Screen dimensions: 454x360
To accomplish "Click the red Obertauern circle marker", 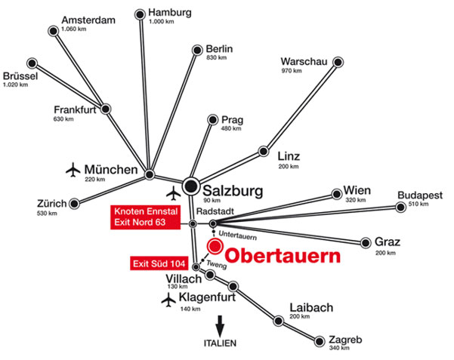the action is (x=215, y=246).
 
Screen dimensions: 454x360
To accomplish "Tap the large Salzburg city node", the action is (x=191, y=186).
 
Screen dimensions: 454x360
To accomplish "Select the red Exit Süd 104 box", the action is (x=159, y=263).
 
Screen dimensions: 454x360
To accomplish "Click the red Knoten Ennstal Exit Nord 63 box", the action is (x=145, y=217).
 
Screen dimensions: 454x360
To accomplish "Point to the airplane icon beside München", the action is (x=73, y=170).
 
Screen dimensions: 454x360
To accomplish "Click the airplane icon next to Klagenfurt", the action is (x=168, y=300).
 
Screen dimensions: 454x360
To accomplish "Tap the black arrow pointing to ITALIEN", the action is (x=220, y=326).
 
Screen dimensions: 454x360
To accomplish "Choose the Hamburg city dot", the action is (x=141, y=14).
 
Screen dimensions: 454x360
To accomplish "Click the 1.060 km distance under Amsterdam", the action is (x=73, y=29).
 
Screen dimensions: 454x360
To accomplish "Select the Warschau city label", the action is (x=304, y=62).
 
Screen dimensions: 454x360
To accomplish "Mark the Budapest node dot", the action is (x=400, y=207).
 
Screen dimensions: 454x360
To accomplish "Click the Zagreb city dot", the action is (x=320, y=341).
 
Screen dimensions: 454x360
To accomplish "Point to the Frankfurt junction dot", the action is (x=106, y=109).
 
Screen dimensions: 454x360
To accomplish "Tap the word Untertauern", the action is (x=238, y=235).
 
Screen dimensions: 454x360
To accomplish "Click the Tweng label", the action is (x=217, y=264).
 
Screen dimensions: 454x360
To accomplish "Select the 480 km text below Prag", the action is (x=231, y=128).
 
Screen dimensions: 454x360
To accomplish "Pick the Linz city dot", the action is (x=264, y=151).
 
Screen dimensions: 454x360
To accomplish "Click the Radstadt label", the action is (x=215, y=211).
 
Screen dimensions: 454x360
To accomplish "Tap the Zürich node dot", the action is (x=75, y=204).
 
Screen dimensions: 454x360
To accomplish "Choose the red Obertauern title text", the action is (x=283, y=256).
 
